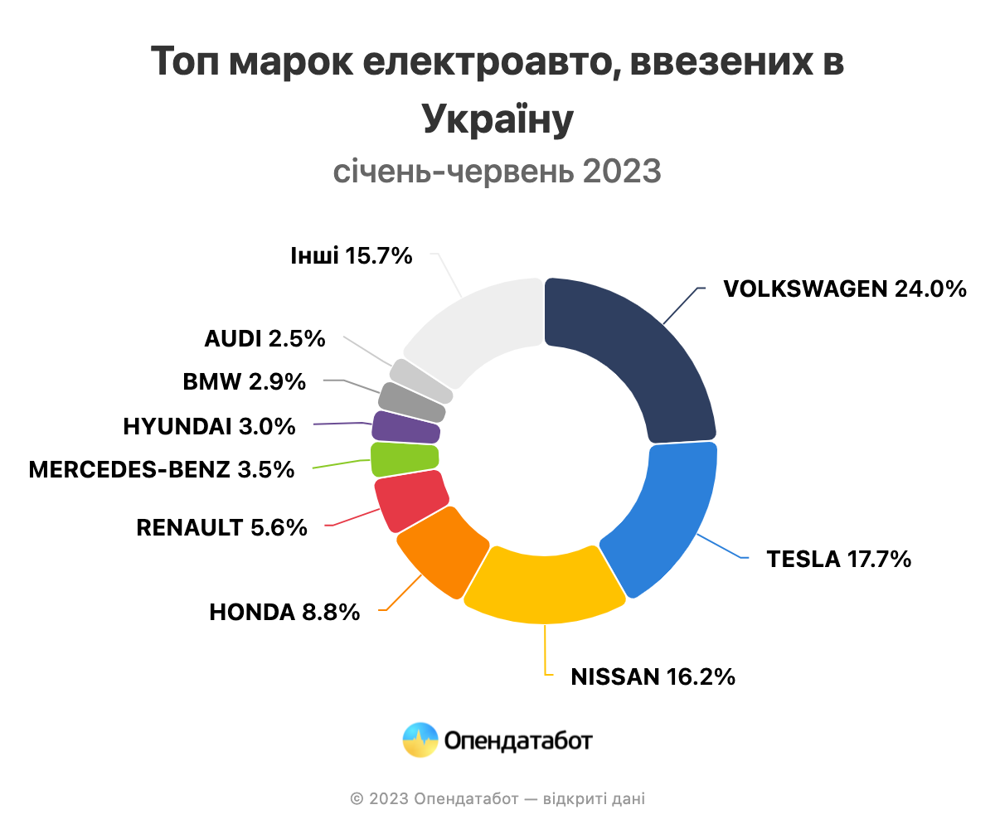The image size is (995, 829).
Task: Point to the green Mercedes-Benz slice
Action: [404, 458]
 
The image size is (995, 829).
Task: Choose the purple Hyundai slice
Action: [405, 427]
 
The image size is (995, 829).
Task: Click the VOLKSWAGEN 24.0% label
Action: [844, 288]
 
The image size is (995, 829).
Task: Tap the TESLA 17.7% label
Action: [838, 559]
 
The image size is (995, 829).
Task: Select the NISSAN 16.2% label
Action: [653, 676]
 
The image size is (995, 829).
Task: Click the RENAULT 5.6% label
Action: [221, 526]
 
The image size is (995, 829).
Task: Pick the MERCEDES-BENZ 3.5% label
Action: [162, 469]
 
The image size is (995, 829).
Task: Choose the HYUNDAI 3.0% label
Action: [209, 426]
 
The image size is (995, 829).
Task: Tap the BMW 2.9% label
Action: [244, 382]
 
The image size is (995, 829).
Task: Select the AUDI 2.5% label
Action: [265, 339]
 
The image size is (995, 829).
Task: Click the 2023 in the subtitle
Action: [621, 172]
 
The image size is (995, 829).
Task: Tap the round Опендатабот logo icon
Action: [420, 740]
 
